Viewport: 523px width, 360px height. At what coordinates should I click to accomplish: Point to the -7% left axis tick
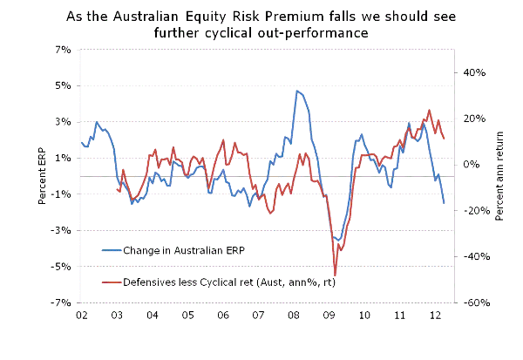tap(62, 302)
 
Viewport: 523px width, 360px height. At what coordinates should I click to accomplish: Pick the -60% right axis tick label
tap(472, 303)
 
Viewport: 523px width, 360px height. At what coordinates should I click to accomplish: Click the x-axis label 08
tap(295, 315)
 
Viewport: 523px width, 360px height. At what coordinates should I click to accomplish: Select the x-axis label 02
tap(81, 315)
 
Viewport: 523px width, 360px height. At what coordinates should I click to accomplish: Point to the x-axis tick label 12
tap(437, 315)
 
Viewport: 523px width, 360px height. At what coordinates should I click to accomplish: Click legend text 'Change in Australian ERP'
tap(185, 250)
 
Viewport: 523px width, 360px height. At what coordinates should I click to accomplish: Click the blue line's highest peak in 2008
tap(296, 91)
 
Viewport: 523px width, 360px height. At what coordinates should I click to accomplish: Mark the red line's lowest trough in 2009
tap(335, 275)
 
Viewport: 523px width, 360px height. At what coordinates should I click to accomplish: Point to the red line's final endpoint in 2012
tap(444, 139)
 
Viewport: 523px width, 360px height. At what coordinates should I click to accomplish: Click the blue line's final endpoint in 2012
tap(444, 203)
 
